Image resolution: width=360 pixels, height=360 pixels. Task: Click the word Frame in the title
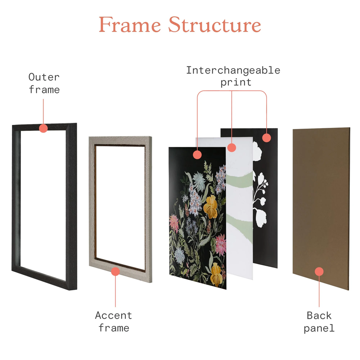[130, 25]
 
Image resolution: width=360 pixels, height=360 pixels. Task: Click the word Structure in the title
[214, 24]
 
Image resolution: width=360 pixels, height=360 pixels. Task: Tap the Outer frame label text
[44, 83]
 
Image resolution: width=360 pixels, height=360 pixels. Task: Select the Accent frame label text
[114, 321]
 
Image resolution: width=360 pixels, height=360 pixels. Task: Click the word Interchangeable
[233, 70]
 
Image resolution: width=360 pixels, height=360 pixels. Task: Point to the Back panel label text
[319, 322]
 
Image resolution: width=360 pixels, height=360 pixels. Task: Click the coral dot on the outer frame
[43, 128]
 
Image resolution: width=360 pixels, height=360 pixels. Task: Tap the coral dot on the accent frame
[115, 271]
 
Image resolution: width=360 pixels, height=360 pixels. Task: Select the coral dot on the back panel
[319, 271]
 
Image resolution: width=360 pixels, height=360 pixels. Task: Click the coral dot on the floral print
[197, 155]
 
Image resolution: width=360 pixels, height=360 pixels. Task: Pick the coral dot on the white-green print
[232, 147]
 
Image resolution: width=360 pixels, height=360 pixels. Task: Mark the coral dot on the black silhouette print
[266, 138]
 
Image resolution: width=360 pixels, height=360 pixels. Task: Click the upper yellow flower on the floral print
[210, 207]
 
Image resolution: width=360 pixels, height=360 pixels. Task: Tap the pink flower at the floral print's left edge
[174, 222]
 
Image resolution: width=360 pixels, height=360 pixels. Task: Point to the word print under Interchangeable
[236, 82]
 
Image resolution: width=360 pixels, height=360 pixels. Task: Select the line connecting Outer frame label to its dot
[43, 111]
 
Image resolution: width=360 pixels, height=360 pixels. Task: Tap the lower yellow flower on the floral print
[216, 274]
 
